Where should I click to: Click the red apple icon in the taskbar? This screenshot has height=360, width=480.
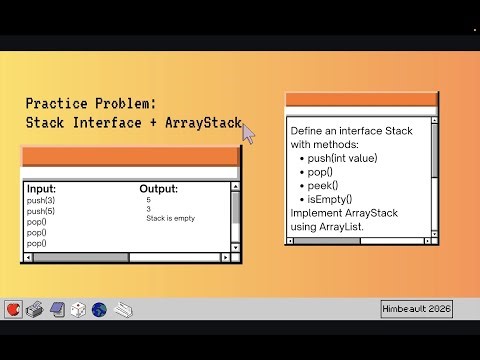[x=13, y=309]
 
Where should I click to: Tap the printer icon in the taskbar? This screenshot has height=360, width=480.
[x=34, y=309]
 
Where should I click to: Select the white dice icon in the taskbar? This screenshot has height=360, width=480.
[x=77, y=309]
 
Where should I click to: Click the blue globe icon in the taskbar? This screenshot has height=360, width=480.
[x=98, y=309]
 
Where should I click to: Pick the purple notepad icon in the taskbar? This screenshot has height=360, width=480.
[x=56, y=309]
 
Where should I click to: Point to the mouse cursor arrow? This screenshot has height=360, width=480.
[x=248, y=133]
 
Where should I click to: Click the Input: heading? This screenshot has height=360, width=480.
[x=41, y=189]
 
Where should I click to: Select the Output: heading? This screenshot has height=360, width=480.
[x=158, y=189]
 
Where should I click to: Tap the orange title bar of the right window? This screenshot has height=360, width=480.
[x=361, y=99]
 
